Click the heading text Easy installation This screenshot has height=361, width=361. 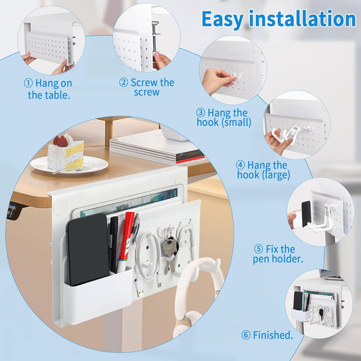(x=278, y=19)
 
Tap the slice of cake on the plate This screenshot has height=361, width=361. (x=66, y=152)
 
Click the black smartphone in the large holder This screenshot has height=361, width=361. (x=87, y=249)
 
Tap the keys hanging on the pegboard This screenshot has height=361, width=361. (x=169, y=248)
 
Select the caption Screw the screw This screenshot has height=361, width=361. (x=147, y=87)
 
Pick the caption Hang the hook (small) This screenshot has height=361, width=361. (x=224, y=117)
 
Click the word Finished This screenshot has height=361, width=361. (x=268, y=335)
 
